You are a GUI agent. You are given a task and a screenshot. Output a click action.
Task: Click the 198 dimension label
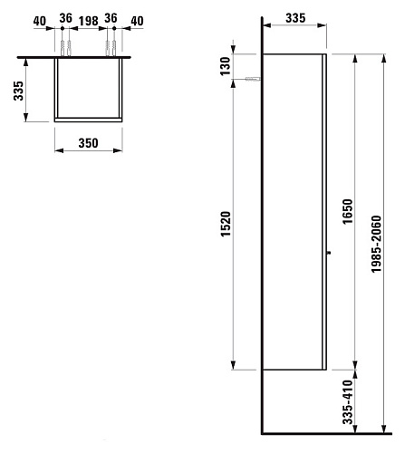coord(89,21)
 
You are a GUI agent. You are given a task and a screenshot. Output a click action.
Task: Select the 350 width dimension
coord(88,143)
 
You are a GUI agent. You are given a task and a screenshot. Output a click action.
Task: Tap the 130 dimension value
coord(226,66)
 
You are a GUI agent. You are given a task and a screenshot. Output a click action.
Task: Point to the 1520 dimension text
coord(226,224)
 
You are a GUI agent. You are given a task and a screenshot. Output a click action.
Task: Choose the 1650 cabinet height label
coord(348,211)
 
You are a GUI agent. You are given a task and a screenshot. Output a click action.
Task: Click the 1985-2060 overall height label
coord(376,244)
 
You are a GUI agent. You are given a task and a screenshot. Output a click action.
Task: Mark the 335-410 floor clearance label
coord(348,402)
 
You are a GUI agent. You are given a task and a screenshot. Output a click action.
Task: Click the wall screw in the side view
coord(253,80)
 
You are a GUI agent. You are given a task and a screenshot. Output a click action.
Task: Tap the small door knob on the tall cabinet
coord(330,253)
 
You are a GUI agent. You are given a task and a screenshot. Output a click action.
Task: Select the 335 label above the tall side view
coord(295,18)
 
